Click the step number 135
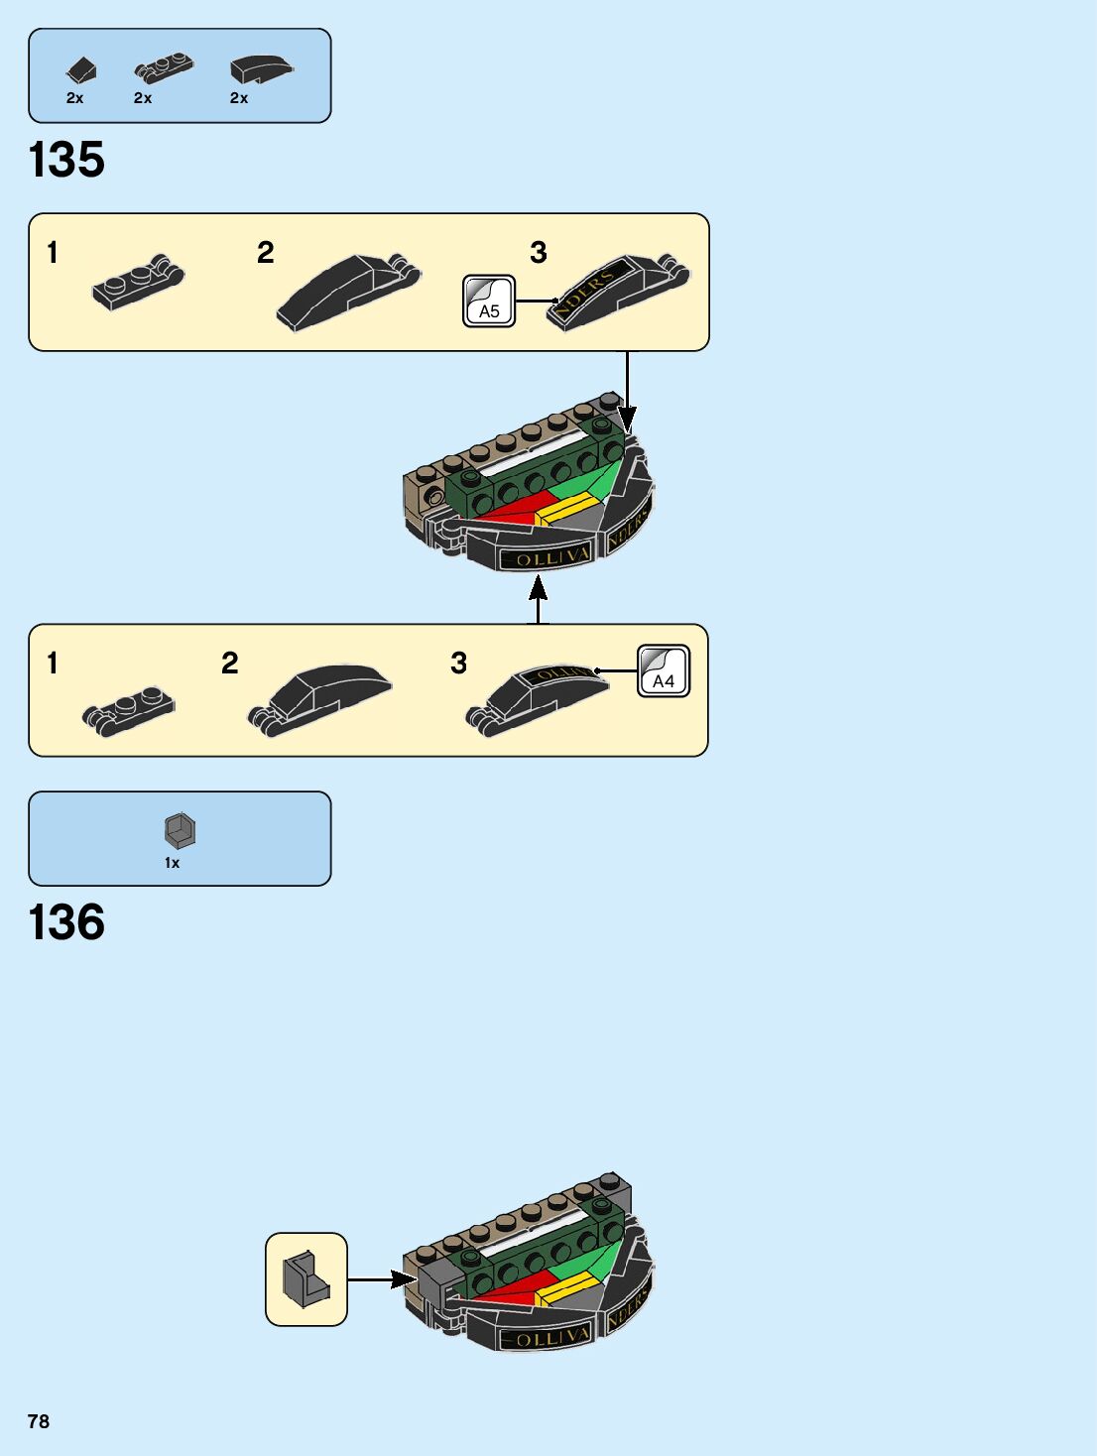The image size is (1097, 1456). click(x=66, y=160)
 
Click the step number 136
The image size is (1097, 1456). click(x=66, y=922)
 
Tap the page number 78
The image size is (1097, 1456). click(x=39, y=1421)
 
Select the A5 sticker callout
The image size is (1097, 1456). click(x=489, y=302)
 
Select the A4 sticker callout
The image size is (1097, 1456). click(x=663, y=671)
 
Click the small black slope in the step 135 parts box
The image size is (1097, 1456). click(x=81, y=70)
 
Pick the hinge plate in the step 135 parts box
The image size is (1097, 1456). click(x=164, y=67)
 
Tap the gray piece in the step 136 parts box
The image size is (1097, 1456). click(x=180, y=830)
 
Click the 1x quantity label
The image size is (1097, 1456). click(x=173, y=863)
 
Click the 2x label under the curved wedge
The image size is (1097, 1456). click(x=239, y=98)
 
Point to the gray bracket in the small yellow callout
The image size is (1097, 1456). click(x=305, y=1279)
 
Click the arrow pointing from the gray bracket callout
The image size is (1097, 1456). click(x=382, y=1279)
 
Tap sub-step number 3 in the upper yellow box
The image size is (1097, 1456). click(x=539, y=253)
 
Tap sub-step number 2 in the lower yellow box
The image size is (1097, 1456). click(x=230, y=663)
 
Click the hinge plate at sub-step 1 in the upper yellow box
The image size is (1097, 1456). click(x=138, y=283)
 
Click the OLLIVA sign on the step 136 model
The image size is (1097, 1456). click(x=546, y=1336)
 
